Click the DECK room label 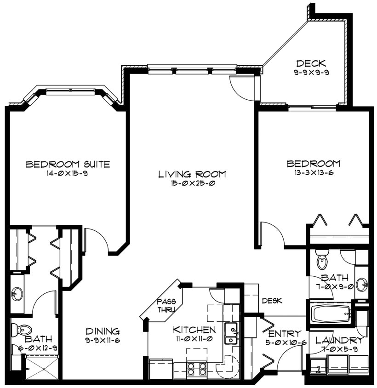(x=311, y=63)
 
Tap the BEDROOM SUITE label (x=68, y=164)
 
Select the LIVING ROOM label (x=192, y=174)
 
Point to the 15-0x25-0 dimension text (x=192, y=183)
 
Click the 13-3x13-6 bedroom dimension (x=313, y=173)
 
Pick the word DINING (x=103, y=331)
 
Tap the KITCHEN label (x=194, y=330)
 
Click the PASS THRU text (x=166, y=305)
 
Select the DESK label (x=272, y=301)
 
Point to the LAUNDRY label (x=339, y=341)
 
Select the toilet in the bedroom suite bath (x=22, y=329)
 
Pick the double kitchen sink (x=231, y=334)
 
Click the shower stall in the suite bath (x=41, y=368)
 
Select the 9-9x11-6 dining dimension (x=103, y=340)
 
